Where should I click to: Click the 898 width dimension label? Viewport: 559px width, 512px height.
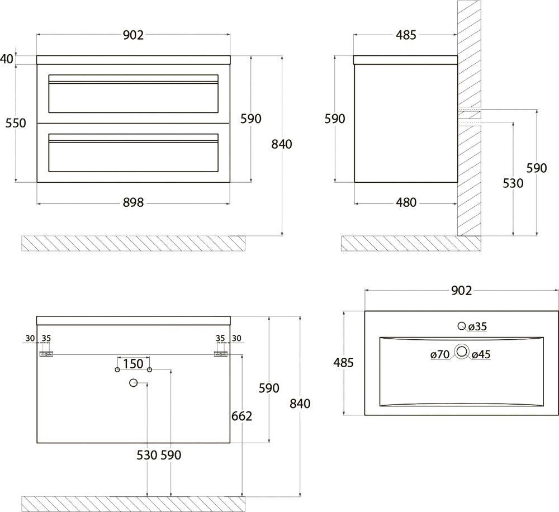pyautogui.click(x=134, y=202)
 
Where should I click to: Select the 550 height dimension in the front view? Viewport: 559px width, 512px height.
pyautogui.click(x=16, y=123)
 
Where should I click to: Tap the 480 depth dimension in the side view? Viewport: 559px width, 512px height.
pyautogui.click(x=406, y=202)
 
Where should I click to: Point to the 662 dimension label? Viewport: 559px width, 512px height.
pyautogui.click(x=241, y=416)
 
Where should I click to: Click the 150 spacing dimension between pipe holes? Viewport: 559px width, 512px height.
pyautogui.click(x=134, y=364)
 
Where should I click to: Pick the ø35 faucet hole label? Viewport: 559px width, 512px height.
pyautogui.click(x=477, y=326)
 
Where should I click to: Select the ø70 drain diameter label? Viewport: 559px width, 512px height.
pyautogui.click(x=440, y=354)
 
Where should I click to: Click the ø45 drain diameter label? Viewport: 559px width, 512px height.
pyautogui.click(x=481, y=354)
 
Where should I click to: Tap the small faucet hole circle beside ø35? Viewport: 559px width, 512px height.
pyautogui.click(x=462, y=326)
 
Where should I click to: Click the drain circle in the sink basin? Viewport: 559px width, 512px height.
pyautogui.click(x=462, y=352)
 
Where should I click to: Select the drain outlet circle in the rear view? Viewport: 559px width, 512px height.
pyautogui.click(x=134, y=383)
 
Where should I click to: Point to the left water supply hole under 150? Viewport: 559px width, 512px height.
pyautogui.click(x=117, y=369)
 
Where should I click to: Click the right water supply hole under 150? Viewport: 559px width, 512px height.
pyautogui.click(x=149, y=369)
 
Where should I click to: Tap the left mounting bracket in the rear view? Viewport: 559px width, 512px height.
pyautogui.click(x=46, y=354)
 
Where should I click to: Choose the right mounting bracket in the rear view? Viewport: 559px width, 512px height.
pyautogui.click(x=221, y=354)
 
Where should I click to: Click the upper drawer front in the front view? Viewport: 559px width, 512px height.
pyautogui.click(x=134, y=94)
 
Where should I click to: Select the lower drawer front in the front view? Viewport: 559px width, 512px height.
pyautogui.click(x=134, y=153)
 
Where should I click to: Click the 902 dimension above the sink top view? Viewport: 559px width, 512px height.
pyautogui.click(x=461, y=291)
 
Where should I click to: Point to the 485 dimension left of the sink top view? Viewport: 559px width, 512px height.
pyautogui.click(x=343, y=363)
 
